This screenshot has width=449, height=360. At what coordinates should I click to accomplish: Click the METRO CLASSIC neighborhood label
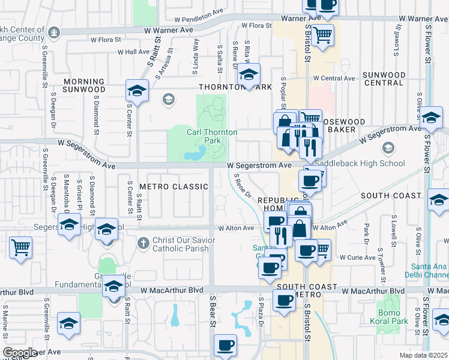(173, 187)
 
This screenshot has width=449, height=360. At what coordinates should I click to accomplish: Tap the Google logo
(20, 353)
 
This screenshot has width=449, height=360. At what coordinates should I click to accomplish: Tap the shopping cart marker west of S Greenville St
(20, 247)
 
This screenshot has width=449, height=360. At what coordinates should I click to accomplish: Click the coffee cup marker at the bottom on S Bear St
(225, 345)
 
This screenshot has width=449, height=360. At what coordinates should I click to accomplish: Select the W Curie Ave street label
(358, 257)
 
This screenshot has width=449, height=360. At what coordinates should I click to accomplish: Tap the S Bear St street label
(212, 311)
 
